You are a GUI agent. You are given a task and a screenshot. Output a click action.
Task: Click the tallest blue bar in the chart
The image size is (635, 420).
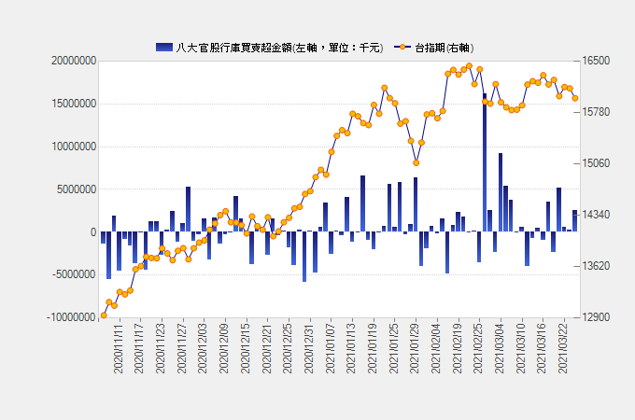tap(485, 162)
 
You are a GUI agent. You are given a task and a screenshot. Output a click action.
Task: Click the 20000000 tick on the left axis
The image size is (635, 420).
tap(74, 61)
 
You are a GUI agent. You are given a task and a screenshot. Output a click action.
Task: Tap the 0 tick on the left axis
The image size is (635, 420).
tap(93, 231)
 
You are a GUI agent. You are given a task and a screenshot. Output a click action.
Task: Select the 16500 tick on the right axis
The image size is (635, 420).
tap(596, 61)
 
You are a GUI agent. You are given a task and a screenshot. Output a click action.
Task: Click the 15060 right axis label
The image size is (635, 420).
tap(596, 163)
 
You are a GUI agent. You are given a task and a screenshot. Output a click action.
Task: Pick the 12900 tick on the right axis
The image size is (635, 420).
tap(596, 317)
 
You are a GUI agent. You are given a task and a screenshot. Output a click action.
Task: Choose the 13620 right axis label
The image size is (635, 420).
tap(596, 266)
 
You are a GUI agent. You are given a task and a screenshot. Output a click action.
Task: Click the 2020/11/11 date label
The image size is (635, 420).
tap(119, 348)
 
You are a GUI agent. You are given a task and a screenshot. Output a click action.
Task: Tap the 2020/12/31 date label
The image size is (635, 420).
tap(309, 348)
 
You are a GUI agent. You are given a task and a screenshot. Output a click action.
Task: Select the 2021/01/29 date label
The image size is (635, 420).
tap(415, 348)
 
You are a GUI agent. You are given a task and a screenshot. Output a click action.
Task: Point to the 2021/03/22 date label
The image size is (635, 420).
tap(563, 348)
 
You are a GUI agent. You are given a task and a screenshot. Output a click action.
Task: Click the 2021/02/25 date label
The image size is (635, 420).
tap(478, 348)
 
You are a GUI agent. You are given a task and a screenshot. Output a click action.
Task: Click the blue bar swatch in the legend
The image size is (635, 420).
tap(164, 48)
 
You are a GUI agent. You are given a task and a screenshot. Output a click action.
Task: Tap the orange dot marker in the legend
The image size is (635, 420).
tap(402, 47)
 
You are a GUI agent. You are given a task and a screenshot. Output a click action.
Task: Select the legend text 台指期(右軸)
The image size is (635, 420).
tap(444, 48)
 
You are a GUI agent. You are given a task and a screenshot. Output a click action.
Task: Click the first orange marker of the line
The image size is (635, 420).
tap(104, 315)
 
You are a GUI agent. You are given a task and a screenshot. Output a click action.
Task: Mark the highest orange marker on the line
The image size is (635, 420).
tap(469, 66)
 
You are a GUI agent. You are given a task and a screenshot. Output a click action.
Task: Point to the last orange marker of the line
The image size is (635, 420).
tap(574, 98)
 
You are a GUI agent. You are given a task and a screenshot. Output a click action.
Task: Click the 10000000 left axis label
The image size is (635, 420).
tap(74, 147)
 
